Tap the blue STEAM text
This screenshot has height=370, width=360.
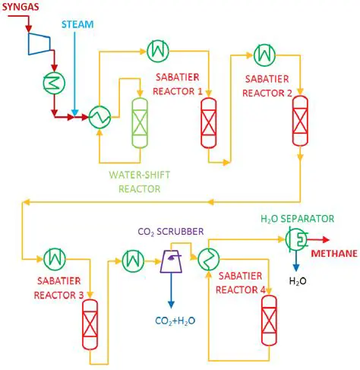(x=77, y=24)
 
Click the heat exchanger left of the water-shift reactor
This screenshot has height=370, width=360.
(x=99, y=116)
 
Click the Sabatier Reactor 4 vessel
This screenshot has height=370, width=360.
(x=267, y=313)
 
